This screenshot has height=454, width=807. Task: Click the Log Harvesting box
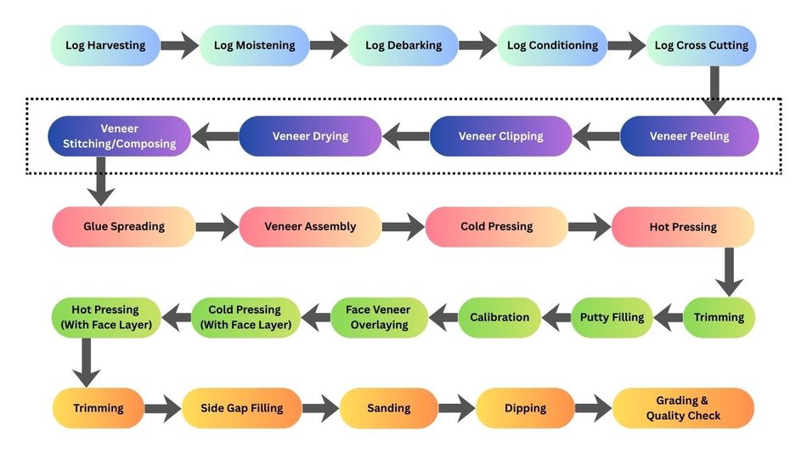point(105,45)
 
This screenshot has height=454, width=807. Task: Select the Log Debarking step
point(403,45)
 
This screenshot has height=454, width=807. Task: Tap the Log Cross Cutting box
point(701,45)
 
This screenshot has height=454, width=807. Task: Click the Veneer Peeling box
point(688,136)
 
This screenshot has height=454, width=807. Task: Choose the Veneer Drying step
point(310,136)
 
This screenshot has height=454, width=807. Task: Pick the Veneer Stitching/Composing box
point(119,136)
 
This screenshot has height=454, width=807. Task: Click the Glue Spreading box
point(124,227)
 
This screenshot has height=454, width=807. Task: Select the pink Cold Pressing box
point(496,227)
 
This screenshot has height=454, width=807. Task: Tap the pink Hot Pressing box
point(682,227)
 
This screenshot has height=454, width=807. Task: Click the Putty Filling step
point(612,317)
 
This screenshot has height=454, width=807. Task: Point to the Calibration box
point(499,317)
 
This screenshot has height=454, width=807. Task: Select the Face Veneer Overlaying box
point(377,317)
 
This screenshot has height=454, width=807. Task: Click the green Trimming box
point(719,317)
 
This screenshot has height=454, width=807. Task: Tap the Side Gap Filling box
point(241,408)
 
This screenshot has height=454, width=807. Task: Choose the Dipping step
point(525,408)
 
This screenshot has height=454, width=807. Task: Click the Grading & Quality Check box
point(683,408)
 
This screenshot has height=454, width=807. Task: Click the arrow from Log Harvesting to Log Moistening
point(179,45)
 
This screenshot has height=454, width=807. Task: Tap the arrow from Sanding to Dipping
point(456,408)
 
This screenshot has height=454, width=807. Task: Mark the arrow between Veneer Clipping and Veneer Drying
point(405,136)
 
